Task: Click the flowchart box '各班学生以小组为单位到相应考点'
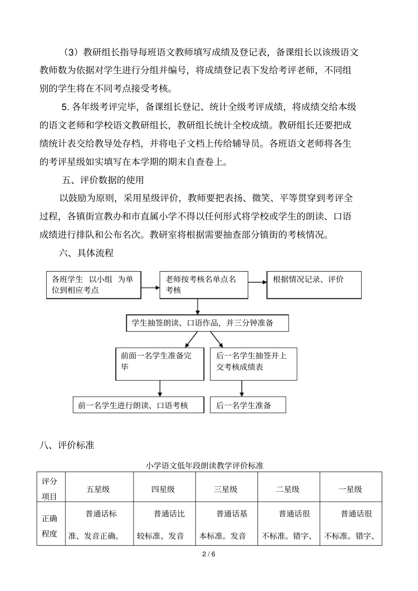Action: (94, 285)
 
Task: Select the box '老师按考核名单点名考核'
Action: (204, 285)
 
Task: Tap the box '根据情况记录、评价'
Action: (314, 285)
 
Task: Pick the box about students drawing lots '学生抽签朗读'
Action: (207, 323)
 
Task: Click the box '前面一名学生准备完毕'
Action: (160, 364)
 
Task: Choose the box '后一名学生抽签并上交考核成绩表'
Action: (253, 364)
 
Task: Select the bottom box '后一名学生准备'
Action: (248, 405)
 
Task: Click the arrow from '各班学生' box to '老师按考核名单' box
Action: (150, 287)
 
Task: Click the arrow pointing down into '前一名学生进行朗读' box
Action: (160, 389)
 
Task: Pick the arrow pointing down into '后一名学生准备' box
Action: (242, 389)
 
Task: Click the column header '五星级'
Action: (98, 489)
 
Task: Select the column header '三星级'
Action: (226, 489)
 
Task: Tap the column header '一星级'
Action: (350, 489)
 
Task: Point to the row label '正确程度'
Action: (50, 526)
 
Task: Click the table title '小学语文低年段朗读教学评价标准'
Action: (205, 465)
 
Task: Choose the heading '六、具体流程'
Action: (86, 253)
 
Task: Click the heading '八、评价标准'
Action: (67, 445)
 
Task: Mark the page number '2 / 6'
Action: (209, 554)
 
